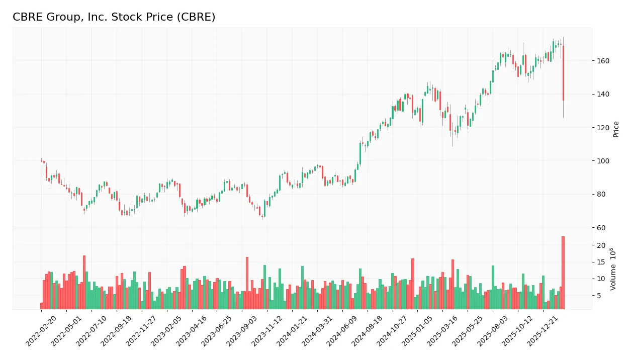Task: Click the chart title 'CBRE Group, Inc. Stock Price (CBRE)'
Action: [x=114, y=17]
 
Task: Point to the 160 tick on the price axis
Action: [x=603, y=61]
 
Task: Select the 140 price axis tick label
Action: [x=603, y=95]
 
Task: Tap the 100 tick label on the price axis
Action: [x=603, y=161]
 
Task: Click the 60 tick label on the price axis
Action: [x=601, y=228]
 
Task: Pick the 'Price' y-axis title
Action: [x=616, y=129]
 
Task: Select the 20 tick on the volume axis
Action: [x=601, y=245]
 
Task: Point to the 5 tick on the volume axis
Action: [x=599, y=296]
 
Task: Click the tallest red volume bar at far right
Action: [x=563, y=273]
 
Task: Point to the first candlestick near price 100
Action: [x=42, y=161]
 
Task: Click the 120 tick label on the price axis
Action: [x=603, y=128]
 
